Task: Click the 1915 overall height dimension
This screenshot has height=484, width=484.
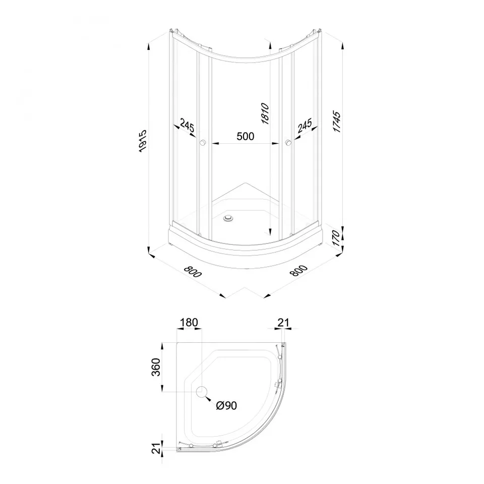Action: pos(143,141)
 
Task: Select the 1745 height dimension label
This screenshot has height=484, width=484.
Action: pos(337,122)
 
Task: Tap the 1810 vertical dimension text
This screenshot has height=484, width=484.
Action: pos(265,114)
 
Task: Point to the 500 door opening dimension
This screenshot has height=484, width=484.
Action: pos(246,136)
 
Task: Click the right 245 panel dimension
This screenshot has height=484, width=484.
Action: pos(305,126)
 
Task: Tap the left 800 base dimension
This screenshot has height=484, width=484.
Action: pos(193,271)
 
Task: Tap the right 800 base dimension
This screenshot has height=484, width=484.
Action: pos(299,271)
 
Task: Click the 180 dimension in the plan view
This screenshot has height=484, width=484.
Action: pos(189,323)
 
